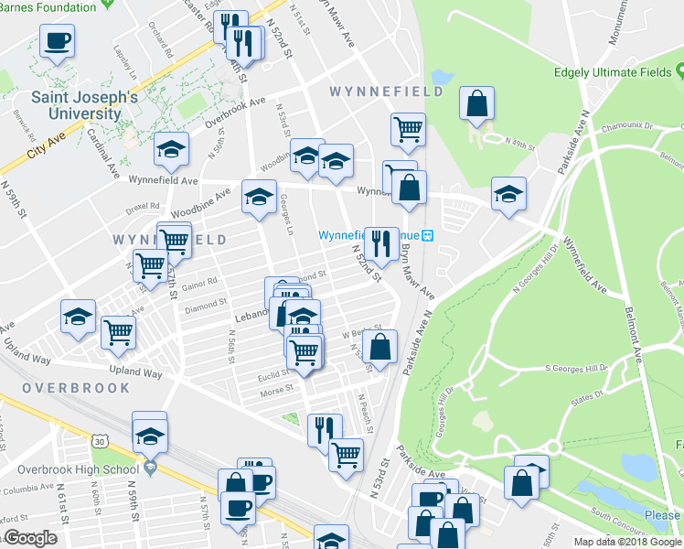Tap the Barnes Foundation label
click(48, 7)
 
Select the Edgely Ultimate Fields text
click(612, 73)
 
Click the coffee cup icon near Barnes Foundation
click(57, 40)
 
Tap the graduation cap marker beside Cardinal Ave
click(171, 149)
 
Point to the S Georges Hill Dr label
click(576, 368)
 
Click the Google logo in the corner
click(29, 538)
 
